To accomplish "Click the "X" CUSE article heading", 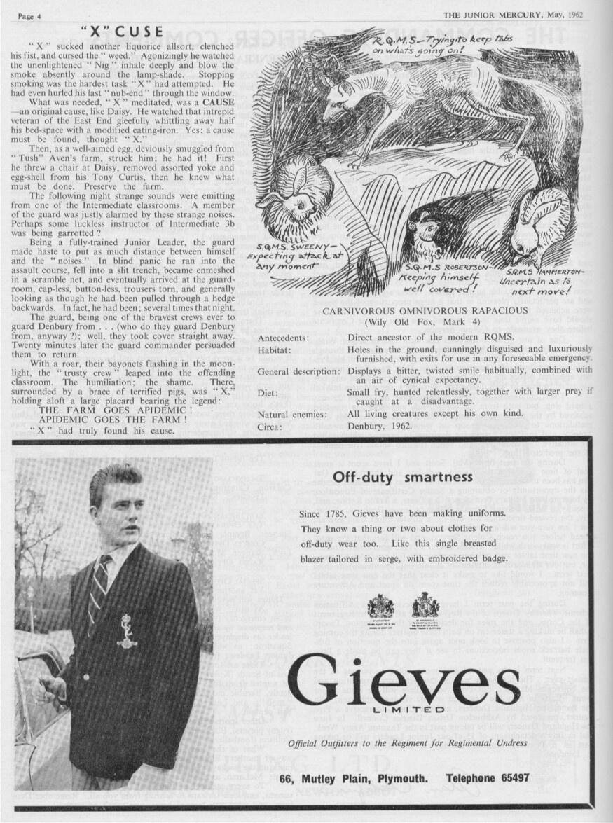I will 122,32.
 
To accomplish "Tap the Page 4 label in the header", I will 29,15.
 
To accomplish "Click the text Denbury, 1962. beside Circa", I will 379,426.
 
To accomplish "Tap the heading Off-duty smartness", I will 403,478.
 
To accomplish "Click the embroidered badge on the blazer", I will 127,631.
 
